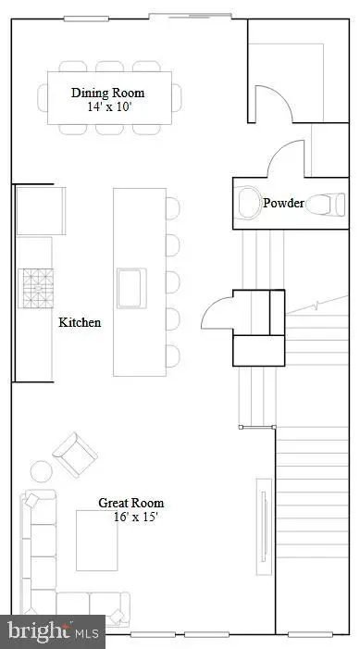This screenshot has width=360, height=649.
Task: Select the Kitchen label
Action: (80, 323)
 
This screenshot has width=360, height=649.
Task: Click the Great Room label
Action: (131, 503)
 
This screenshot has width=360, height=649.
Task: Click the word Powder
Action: (282, 203)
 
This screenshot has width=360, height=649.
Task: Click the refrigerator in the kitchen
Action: (39, 210)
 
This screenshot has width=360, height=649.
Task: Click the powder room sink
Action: (248, 202)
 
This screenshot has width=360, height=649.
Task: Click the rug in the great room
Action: (96, 541)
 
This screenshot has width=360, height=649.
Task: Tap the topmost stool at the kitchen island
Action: (173, 207)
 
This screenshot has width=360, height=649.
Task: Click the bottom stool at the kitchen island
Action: (173, 355)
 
